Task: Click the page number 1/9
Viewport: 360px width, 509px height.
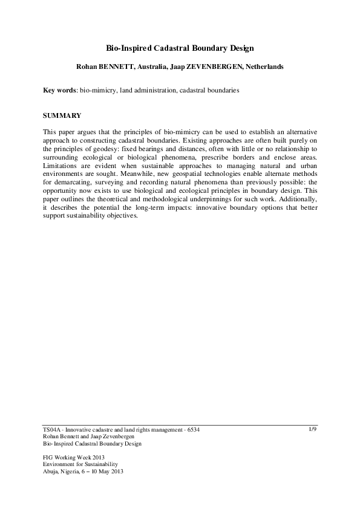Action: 313,429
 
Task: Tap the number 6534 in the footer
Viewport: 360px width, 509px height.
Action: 191,430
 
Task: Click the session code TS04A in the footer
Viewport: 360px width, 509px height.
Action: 52,430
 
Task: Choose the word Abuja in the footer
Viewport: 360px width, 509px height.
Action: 51,472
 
